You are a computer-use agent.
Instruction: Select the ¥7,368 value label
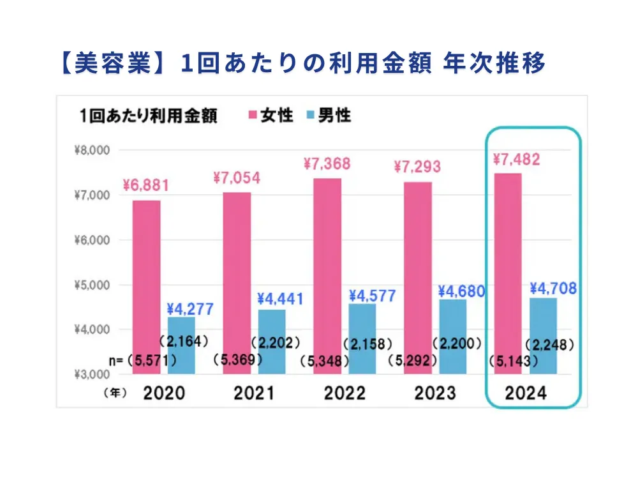coord(326,164)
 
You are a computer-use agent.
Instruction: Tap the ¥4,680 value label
coord(461,291)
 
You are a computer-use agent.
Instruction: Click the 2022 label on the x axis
coord(345,393)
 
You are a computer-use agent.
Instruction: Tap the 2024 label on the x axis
coord(526,393)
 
